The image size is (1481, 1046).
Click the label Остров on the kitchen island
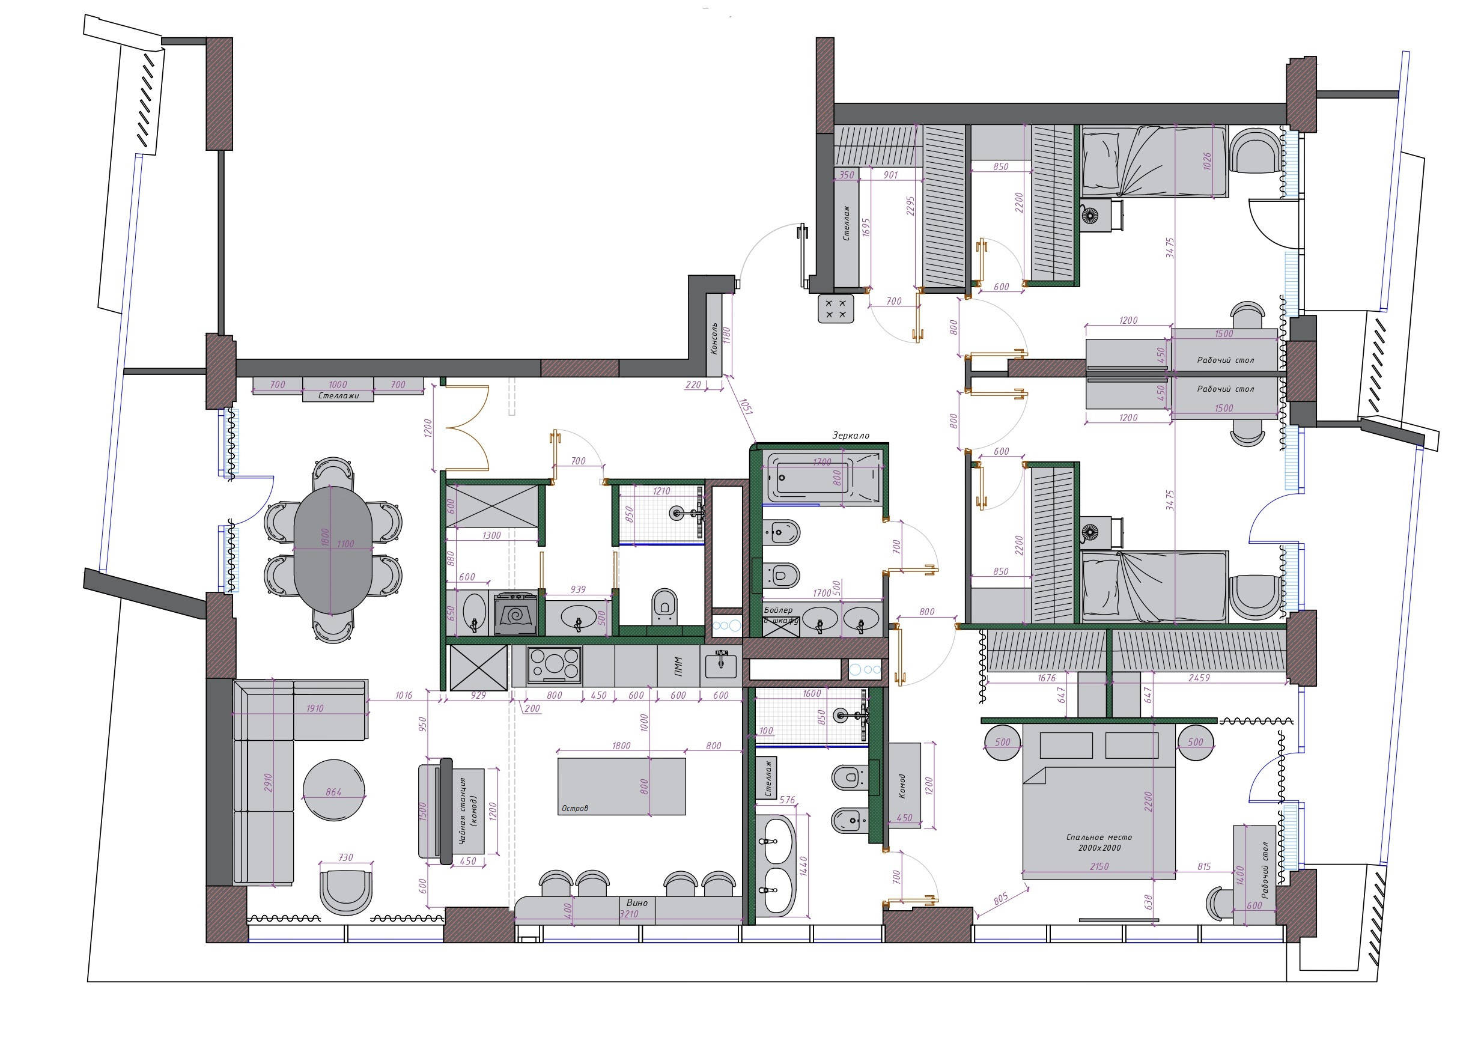[x=575, y=808]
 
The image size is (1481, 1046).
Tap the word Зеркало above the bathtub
[x=850, y=436]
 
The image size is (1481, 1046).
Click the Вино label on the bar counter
[x=637, y=902]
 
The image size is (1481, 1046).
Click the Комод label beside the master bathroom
[x=902, y=786]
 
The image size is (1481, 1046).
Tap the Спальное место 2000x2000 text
[x=1099, y=842]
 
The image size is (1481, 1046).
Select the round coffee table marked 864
[x=333, y=791]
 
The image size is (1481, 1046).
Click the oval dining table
[x=333, y=550]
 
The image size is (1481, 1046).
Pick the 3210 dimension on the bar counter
[x=629, y=914]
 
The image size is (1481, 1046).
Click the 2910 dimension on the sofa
[x=269, y=782]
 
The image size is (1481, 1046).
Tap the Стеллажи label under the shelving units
[x=338, y=395]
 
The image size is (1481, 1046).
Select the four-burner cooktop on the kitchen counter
[x=554, y=664]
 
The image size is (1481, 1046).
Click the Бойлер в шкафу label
[x=780, y=615]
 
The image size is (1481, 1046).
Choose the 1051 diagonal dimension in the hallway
[x=746, y=406]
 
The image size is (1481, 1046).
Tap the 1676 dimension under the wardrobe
[x=1047, y=678]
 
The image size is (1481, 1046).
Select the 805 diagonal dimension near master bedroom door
[x=1000, y=899]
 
